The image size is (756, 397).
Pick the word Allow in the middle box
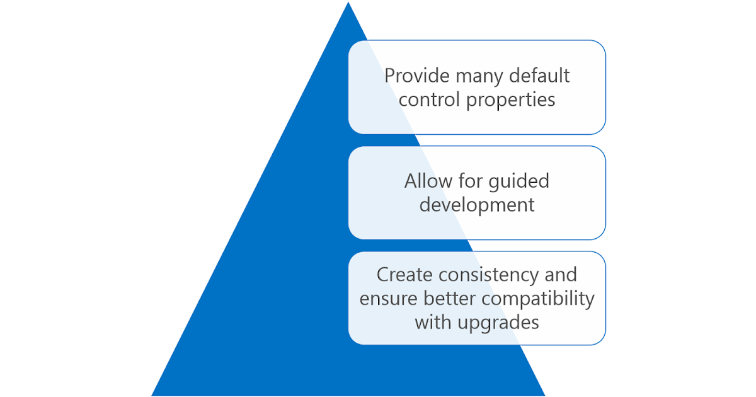(428, 181)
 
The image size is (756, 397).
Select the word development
(477, 205)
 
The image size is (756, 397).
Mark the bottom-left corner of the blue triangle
(151, 394)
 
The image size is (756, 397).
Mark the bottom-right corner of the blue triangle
(545, 394)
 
